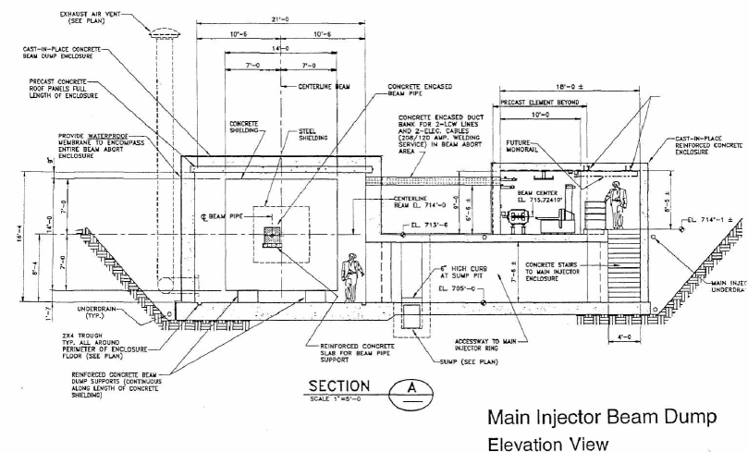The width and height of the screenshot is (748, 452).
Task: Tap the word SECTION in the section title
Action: click(x=338, y=385)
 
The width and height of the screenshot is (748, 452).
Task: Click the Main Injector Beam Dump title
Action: click(x=601, y=418)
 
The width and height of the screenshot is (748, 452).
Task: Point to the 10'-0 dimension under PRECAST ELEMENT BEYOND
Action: click(x=541, y=116)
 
